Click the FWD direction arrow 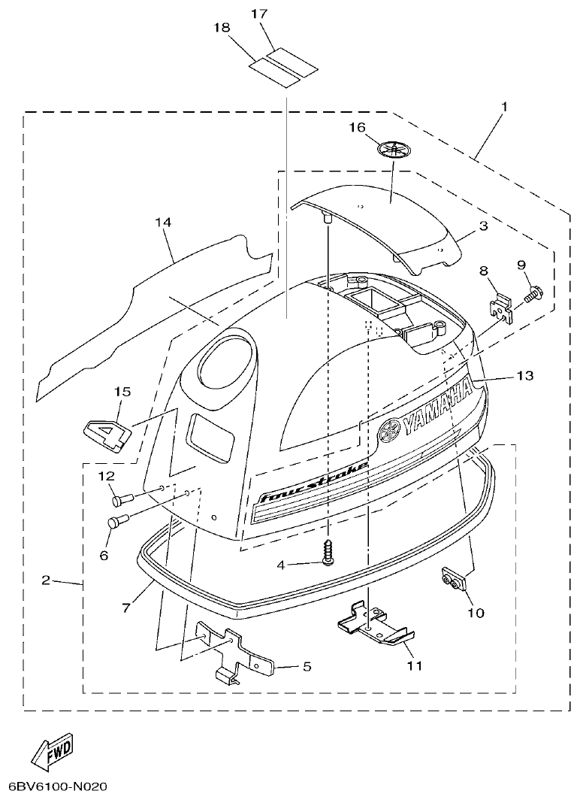(x=53, y=752)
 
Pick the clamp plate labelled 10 (x=451, y=581)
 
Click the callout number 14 (x=163, y=223)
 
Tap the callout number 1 (x=504, y=107)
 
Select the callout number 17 (x=259, y=14)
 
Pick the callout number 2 (x=47, y=580)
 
